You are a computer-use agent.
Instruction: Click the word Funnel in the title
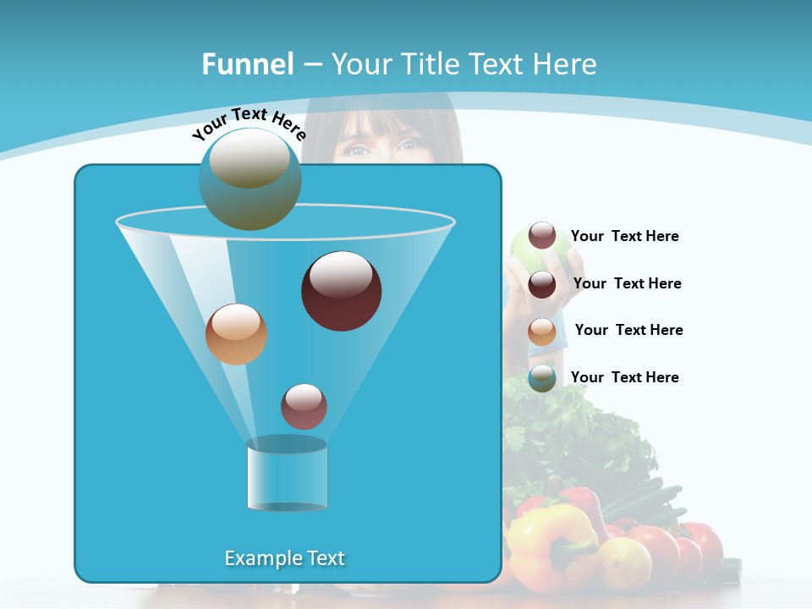(x=248, y=64)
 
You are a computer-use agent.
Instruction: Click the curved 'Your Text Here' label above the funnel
(x=249, y=124)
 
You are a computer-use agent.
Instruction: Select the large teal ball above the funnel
(x=250, y=178)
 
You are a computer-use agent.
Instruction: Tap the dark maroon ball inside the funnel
(x=341, y=290)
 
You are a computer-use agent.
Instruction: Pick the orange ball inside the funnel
(x=236, y=334)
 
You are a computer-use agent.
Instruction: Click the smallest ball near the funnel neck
(x=304, y=406)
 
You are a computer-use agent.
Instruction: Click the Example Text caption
(x=285, y=558)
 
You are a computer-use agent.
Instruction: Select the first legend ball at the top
(x=542, y=236)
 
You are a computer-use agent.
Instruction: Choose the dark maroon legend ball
(x=542, y=284)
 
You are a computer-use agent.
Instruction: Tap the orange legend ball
(x=542, y=331)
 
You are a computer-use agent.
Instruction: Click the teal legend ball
(x=542, y=378)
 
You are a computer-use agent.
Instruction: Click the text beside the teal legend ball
(x=624, y=377)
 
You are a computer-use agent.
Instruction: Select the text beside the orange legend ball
(x=628, y=330)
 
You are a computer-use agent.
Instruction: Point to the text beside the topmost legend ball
(x=624, y=236)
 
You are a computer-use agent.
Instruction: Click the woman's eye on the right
(x=408, y=145)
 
